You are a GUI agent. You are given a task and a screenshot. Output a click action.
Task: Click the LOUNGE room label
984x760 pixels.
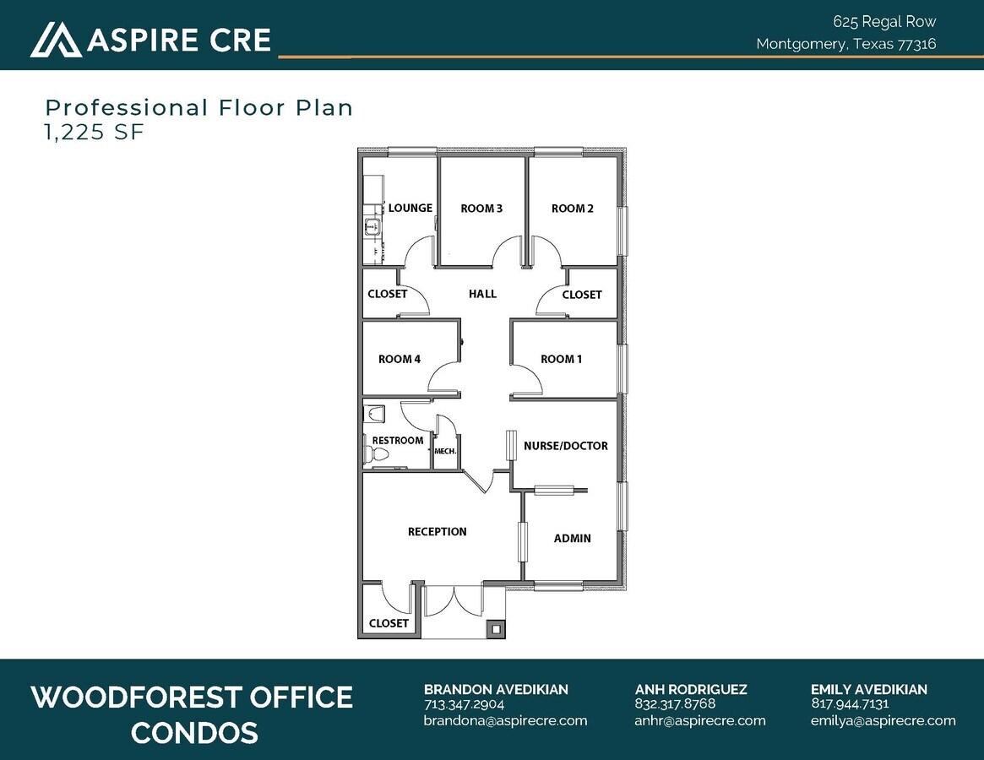[x=410, y=208]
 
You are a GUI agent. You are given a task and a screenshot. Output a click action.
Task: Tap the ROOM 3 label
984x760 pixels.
[x=481, y=209]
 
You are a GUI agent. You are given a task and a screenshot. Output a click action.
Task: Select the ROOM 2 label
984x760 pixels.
[x=573, y=209]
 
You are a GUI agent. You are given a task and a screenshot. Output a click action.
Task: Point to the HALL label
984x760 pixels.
[x=482, y=294]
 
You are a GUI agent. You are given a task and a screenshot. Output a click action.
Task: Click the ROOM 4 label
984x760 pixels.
[x=400, y=359]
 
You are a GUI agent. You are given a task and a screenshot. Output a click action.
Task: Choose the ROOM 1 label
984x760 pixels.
[x=561, y=359]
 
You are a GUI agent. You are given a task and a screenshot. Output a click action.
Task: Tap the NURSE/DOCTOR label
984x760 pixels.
[x=565, y=446]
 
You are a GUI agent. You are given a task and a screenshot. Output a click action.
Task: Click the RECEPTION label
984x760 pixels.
[x=437, y=532]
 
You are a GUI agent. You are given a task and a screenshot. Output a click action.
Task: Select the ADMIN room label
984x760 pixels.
[x=572, y=538]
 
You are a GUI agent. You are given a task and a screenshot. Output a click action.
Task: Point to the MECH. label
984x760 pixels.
[x=445, y=452]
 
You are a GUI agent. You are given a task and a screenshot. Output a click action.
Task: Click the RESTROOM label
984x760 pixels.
[x=397, y=441]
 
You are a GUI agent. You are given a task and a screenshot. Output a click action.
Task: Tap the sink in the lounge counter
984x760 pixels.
[x=371, y=225]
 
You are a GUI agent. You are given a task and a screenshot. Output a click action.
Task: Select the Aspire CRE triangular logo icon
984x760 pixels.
[x=56, y=40]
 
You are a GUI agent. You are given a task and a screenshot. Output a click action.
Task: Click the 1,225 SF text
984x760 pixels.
[x=95, y=132]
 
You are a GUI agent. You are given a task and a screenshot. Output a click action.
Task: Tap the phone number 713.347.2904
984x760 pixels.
[x=464, y=704]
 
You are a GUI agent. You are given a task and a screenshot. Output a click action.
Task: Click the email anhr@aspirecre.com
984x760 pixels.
[x=699, y=720]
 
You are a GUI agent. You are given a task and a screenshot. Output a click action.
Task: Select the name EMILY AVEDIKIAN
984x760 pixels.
[x=868, y=689]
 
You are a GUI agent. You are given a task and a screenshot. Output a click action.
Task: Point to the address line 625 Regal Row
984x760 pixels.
[x=884, y=22]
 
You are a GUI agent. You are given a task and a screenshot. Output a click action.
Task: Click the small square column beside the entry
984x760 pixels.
[x=495, y=628]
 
